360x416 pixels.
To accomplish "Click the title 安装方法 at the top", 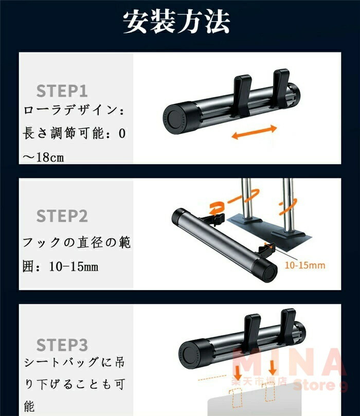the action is [176, 22].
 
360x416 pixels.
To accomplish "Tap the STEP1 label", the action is [62, 91].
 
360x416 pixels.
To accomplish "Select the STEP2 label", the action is [62, 215].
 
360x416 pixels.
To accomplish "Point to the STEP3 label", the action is [62, 345].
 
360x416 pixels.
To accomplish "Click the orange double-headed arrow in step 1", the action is [254, 132].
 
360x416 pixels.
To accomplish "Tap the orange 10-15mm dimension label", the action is [305, 265].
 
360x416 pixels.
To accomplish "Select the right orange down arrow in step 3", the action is [272, 368].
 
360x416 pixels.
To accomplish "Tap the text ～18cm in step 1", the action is [43, 157].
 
